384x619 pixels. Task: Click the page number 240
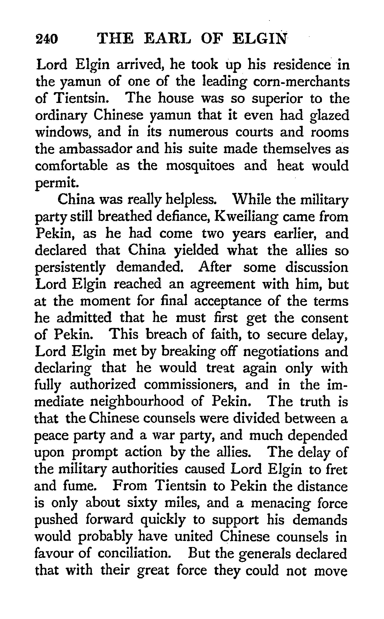tap(47, 39)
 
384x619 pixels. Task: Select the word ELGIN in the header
tap(260, 39)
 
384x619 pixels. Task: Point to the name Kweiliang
tap(246, 217)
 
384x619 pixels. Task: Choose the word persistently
tap(70, 268)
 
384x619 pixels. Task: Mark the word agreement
tap(222, 284)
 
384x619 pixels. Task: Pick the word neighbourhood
tap(137, 402)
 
